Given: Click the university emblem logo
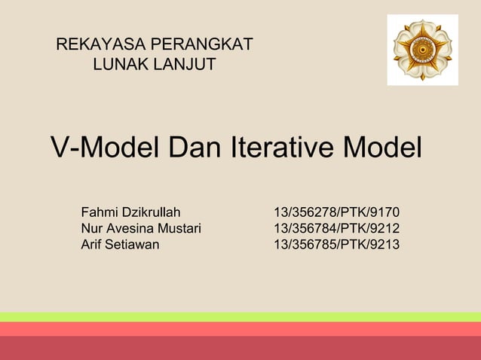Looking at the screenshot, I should coord(423,50).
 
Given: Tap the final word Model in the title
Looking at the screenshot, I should coord(381,147).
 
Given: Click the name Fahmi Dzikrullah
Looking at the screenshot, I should coord(131,212).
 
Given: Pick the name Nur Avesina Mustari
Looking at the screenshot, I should coord(141,228).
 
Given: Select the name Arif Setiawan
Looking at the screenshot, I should coord(120,245).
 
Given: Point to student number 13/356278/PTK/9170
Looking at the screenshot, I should coord(336,212).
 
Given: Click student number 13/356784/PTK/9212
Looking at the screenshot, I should coord(336,228).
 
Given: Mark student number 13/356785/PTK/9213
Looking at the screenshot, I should coord(336,245).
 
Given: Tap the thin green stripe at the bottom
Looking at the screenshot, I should coord(240,317).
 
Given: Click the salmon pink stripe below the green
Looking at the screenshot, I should coord(240,328).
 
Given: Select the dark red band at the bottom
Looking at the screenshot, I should coord(240,348).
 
